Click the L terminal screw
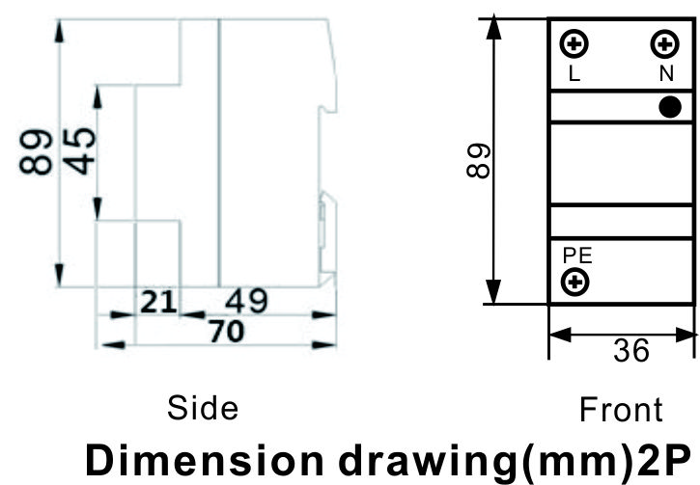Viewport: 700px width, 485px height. coord(574,43)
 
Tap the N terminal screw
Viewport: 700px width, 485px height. coord(664,43)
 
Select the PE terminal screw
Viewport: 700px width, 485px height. coord(575,282)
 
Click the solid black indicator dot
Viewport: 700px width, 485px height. coord(670,107)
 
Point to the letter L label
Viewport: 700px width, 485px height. coord(574,74)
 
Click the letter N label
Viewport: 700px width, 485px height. coord(666,73)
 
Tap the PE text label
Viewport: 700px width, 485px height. coord(577,256)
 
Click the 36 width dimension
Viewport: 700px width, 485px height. coord(631,350)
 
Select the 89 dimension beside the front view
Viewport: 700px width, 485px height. coord(479,161)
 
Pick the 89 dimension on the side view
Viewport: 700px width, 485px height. coord(36,152)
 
